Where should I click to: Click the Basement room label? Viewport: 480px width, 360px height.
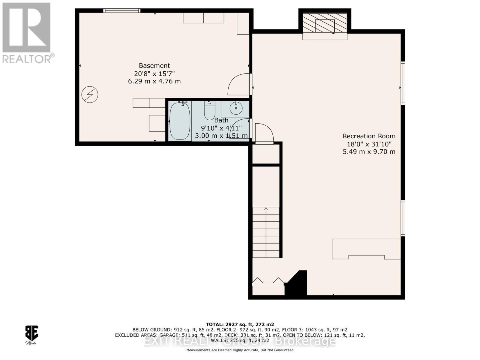154,66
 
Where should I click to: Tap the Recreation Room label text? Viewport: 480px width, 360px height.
369,136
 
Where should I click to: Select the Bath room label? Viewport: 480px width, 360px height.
221,120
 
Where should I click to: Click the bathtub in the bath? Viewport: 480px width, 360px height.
180,121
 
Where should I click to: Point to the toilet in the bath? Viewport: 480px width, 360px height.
209,110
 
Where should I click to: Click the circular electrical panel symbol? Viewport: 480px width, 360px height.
90,94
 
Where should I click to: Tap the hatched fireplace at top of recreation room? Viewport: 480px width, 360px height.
325,23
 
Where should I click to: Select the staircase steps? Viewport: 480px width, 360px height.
266,232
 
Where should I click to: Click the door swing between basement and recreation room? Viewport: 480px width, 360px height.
239,85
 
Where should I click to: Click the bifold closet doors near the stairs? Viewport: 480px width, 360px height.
268,281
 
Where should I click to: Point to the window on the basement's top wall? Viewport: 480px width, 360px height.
122,10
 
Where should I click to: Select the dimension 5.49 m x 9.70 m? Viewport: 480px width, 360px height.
369,152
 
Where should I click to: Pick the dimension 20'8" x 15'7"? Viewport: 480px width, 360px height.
154,73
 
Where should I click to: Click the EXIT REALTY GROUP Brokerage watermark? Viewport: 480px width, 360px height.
240,341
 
